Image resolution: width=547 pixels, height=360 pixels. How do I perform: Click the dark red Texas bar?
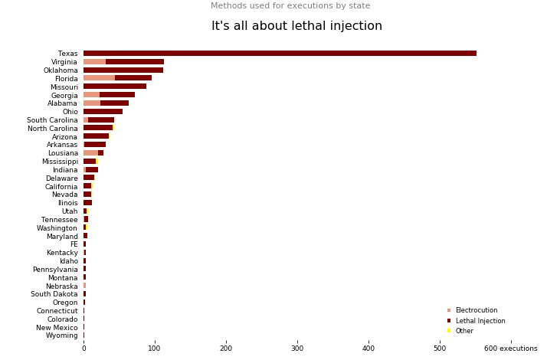coord(280,54)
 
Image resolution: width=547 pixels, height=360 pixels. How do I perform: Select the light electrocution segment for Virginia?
coord(94,62)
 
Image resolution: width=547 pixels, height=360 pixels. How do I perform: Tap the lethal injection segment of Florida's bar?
coord(133,78)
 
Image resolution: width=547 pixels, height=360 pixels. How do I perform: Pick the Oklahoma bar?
coord(123,70)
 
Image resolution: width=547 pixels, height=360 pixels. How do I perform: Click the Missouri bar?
coord(115,87)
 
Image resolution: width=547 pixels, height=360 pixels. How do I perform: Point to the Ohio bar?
coord(103,112)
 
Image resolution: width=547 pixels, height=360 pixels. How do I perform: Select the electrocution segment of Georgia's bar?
coord(91,95)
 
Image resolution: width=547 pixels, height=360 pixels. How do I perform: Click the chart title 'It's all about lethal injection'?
coord(296,26)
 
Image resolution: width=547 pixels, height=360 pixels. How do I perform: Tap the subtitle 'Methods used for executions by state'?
coord(290,6)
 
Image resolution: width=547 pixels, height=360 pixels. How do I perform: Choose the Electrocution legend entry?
coord(476,310)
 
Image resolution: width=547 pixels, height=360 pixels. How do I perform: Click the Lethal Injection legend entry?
coord(480,321)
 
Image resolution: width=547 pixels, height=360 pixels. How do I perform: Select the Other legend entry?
coord(464,331)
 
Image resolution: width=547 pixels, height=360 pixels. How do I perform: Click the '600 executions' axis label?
coord(510,349)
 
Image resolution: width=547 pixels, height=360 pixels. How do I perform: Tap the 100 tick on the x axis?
coord(155,349)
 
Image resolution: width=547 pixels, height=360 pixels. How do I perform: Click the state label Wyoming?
coord(61,335)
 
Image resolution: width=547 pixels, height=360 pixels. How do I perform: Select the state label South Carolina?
coord(52,120)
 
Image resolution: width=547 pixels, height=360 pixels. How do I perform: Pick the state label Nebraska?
coord(61,286)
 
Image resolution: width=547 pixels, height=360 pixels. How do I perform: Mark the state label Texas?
coord(67,54)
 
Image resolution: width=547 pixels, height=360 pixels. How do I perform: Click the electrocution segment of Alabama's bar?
coord(92,103)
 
